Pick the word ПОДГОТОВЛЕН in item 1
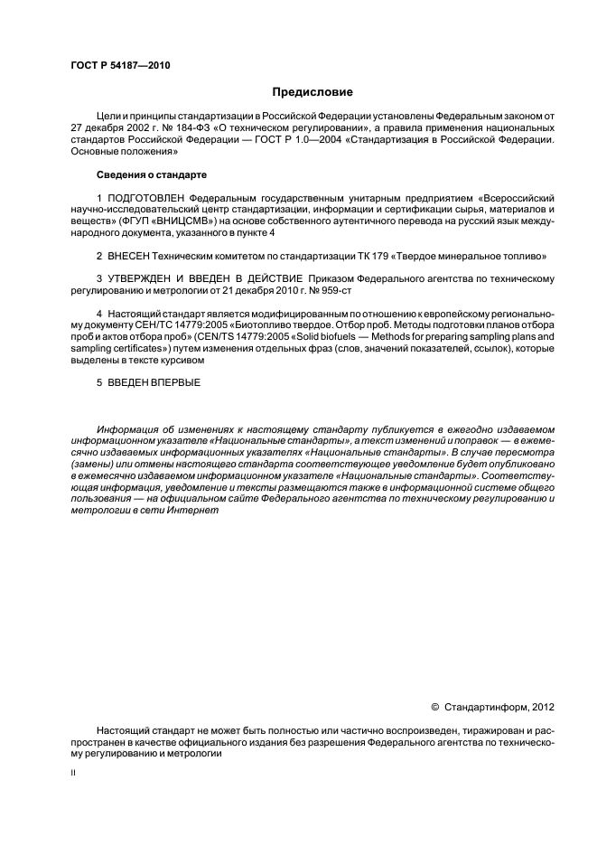tap(145, 196)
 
